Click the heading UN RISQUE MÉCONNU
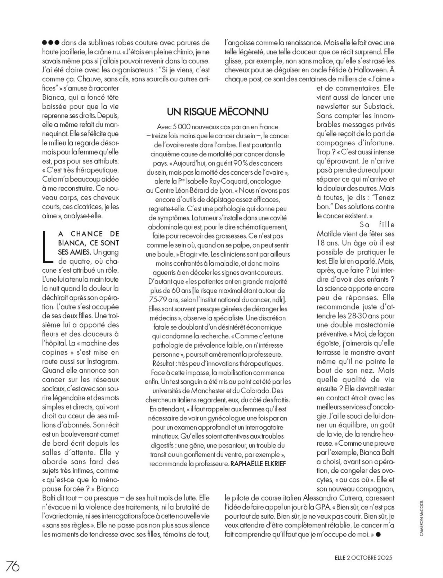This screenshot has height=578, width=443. (218, 112)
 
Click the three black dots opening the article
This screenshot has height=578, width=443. (51, 43)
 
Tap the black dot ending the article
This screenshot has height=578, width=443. (378, 534)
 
